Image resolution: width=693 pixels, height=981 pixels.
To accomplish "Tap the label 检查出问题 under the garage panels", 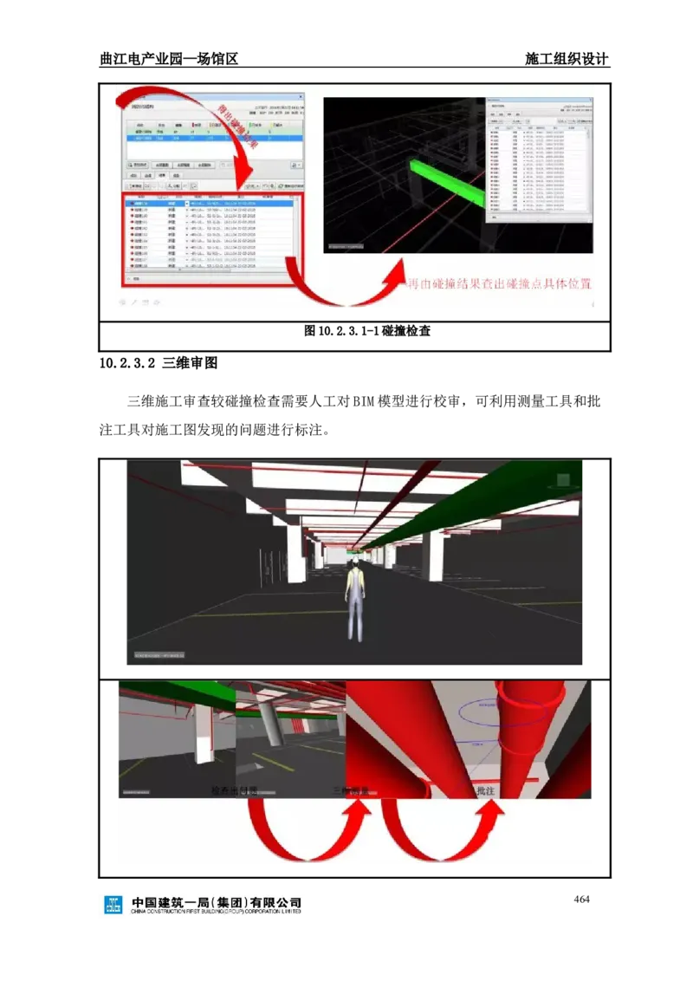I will pos(235,791).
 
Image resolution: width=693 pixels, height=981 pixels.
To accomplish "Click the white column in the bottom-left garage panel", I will pos(203,737).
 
